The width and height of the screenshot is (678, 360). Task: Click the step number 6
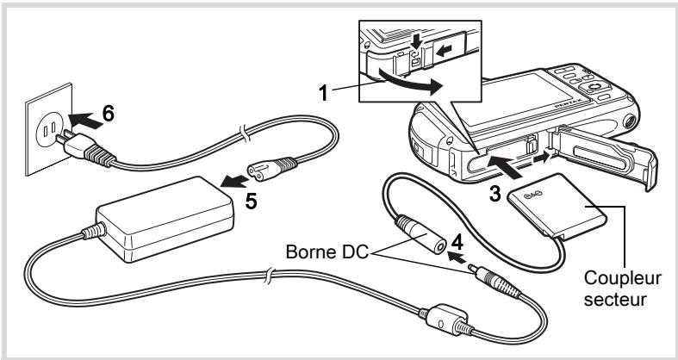tap(109, 114)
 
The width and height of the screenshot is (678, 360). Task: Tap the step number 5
tap(251, 202)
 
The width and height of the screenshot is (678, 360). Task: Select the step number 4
tap(457, 243)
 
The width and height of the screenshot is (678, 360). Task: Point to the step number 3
tap(495, 195)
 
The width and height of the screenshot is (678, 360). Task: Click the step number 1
tap(323, 93)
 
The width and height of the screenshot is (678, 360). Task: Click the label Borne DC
tap(327, 251)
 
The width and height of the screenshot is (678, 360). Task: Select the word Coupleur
tap(622, 279)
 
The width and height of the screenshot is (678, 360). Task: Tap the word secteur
tap(615, 299)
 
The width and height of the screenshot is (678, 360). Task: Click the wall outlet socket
tap(48, 128)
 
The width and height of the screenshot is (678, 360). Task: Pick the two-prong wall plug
tap(84, 147)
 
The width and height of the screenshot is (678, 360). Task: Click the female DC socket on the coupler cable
tap(420, 233)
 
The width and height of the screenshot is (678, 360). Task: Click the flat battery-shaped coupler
tap(556, 206)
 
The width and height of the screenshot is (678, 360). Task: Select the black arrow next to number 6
tap(85, 121)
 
